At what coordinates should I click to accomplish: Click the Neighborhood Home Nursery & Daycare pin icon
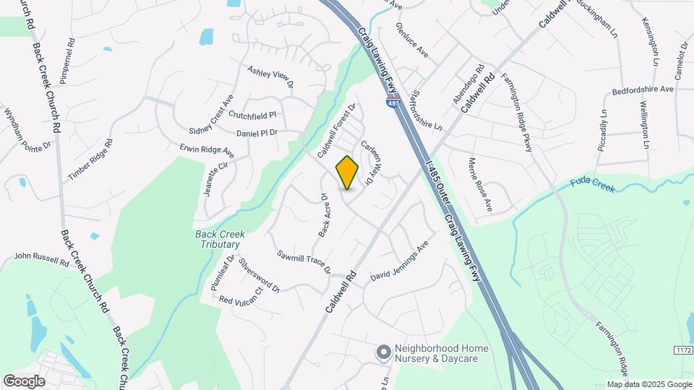(x=383, y=352)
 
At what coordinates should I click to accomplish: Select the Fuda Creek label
(x=591, y=186)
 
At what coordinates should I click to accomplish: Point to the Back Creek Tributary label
(x=220, y=239)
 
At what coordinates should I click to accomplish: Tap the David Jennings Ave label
(x=400, y=266)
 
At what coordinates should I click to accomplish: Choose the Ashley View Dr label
(x=270, y=77)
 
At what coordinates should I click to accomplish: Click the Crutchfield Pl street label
(x=253, y=115)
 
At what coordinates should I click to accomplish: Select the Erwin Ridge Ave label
(x=207, y=150)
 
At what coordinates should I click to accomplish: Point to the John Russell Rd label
(x=40, y=258)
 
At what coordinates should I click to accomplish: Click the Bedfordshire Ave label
(x=642, y=90)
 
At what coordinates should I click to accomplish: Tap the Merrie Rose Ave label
(x=479, y=185)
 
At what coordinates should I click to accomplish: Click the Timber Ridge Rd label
(x=90, y=160)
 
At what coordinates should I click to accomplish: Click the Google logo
(x=23, y=381)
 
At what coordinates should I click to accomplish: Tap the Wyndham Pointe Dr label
(x=27, y=130)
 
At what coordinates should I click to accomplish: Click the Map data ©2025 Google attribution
(x=648, y=384)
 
